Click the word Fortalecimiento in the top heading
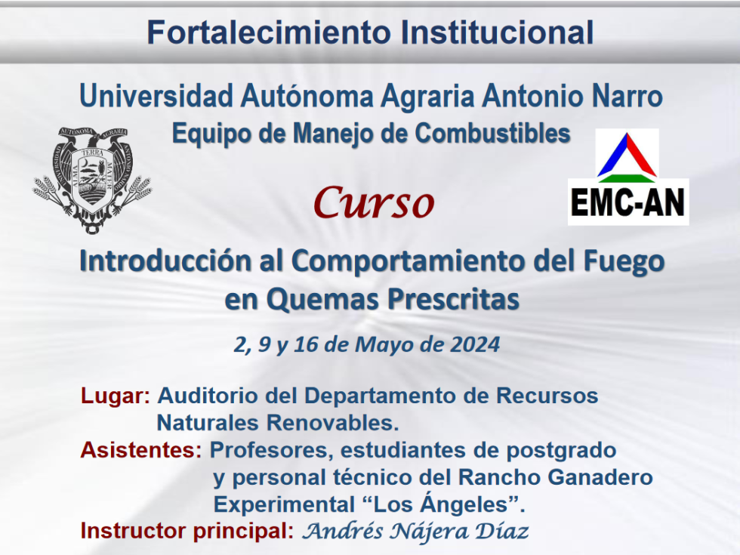click(x=269, y=32)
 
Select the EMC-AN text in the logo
click(x=627, y=202)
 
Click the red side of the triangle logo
click(x=641, y=156)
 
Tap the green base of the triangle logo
click(x=627, y=178)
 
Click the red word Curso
click(x=374, y=203)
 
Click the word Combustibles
click(x=492, y=134)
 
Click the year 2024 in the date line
click(x=474, y=344)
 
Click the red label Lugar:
click(x=116, y=396)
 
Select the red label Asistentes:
click(x=141, y=450)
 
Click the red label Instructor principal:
click(x=187, y=531)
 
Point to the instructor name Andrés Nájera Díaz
click(x=415, y=531)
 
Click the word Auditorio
click(x=208, y=396)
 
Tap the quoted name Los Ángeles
click(x=442, y=504)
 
